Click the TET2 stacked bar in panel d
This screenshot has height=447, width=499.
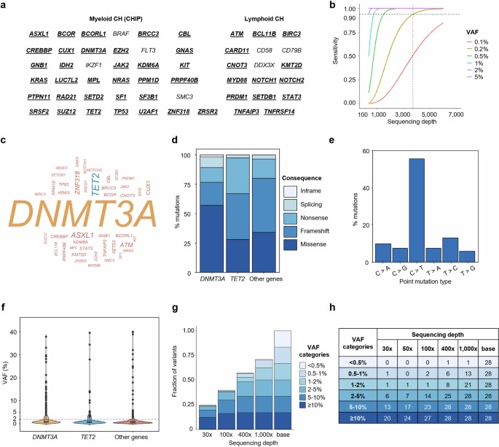click(x=216, y=214)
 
